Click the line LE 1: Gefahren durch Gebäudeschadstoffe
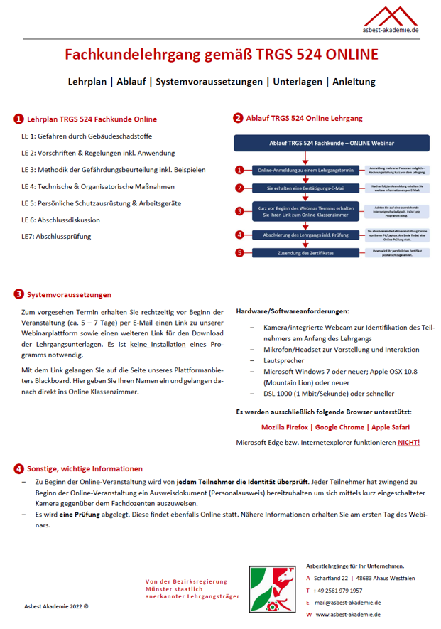(87, 136)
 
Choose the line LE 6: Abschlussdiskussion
(60, 220)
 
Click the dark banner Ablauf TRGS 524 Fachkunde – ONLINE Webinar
(332, 143)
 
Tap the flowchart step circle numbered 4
(240, 235)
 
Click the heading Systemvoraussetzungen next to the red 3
(69, 294)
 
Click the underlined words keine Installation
(158, 344)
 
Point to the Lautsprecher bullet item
(283, 361)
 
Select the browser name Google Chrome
(340, 427)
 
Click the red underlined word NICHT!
(408, 443)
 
